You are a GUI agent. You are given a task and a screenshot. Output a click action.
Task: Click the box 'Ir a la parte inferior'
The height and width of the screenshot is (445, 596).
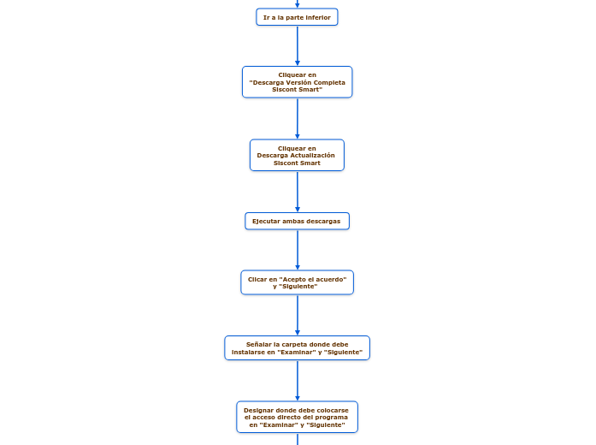coord(297,17)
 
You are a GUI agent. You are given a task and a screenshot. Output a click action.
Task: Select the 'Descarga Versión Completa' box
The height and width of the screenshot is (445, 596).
coord(297,82)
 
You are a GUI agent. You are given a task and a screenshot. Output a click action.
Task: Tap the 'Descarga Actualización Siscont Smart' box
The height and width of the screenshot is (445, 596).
coord(297,156)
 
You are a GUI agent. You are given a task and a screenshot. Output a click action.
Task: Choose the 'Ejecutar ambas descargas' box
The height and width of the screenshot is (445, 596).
coord(297,221)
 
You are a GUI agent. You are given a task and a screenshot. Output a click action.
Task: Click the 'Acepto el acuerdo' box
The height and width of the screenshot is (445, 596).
coord(297,282)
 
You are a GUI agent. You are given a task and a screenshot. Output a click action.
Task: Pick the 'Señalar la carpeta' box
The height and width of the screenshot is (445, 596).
coord(297,347)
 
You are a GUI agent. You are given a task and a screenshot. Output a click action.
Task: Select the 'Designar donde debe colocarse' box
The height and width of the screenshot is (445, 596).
coord(297,417)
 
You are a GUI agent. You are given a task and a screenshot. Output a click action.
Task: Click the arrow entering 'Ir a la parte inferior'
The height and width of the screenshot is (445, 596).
coord(298,4)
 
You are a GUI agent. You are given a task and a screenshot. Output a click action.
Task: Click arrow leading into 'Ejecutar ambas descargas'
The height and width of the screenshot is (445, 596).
coord(298,192)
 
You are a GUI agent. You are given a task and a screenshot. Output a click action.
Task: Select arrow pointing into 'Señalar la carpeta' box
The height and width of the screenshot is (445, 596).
coord(298,315)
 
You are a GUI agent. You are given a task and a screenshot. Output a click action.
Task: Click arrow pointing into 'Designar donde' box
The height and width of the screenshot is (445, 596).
coord(298,380)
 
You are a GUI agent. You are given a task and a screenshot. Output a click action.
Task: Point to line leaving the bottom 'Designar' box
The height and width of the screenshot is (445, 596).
coord(298,439)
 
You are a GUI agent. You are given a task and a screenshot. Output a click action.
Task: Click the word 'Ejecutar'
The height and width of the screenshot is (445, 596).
coord(264,221)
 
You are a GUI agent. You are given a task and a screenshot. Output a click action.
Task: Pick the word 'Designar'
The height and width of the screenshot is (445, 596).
coord(258,410)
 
